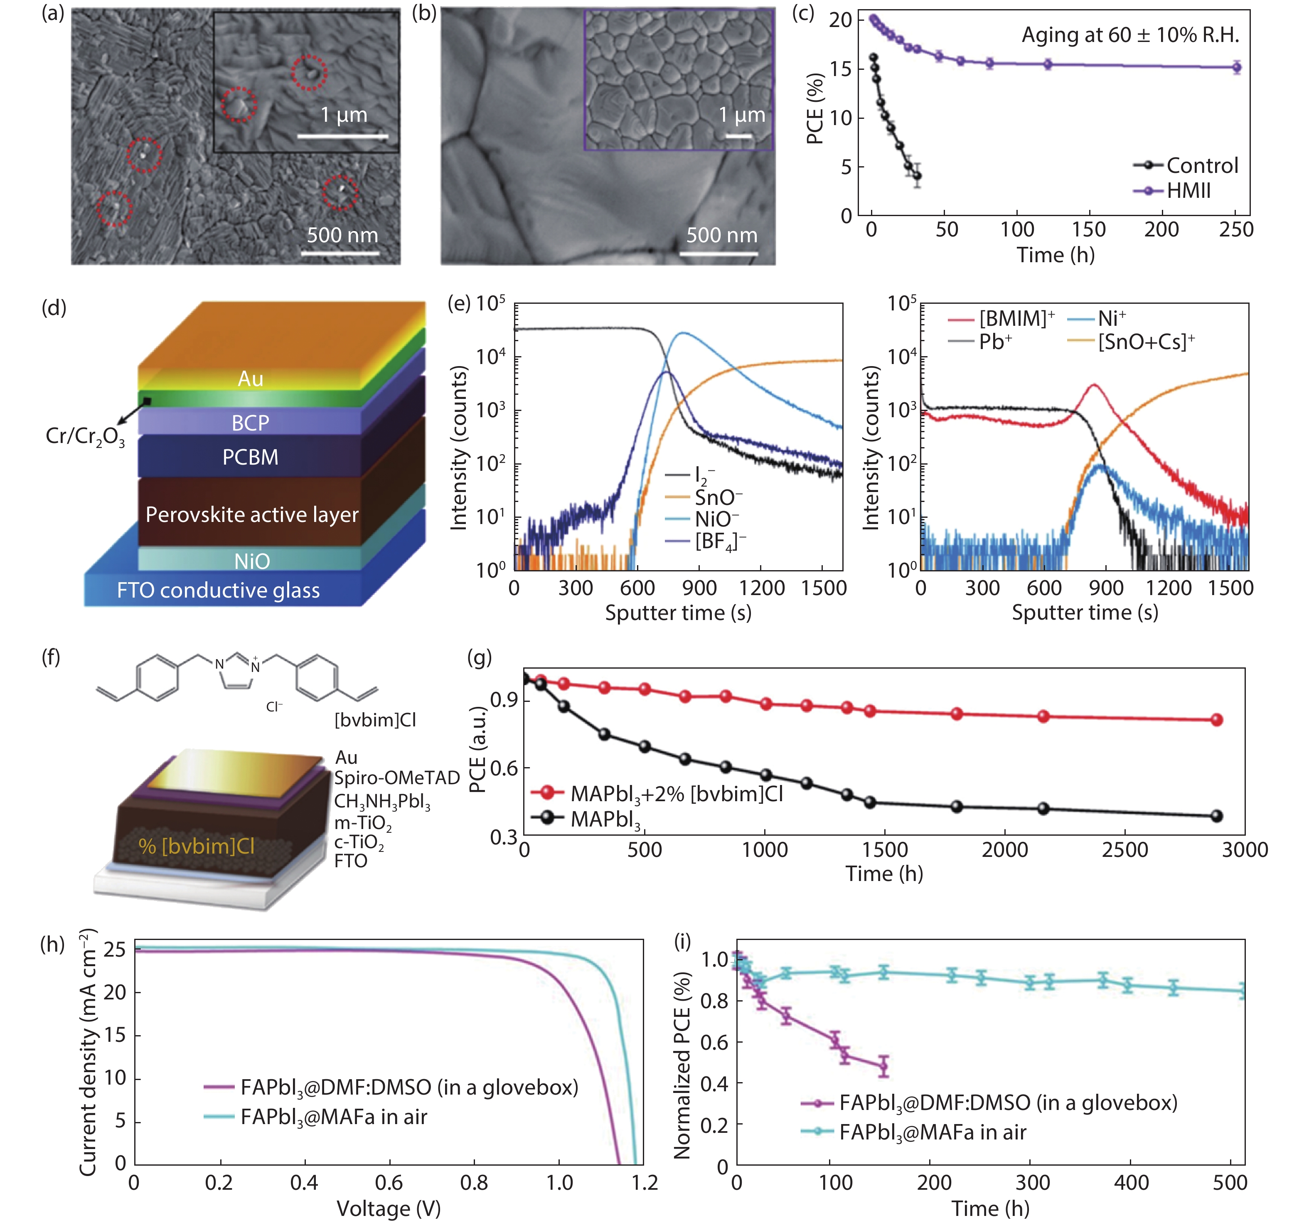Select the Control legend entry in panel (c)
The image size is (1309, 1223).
click(x=1202, y=165)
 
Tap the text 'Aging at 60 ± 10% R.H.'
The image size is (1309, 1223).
click(x=1130, y=35)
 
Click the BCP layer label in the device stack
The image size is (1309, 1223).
click(x=250, y=423)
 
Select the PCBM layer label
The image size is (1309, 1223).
click(x=250, y=457)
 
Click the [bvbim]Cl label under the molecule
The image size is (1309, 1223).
click(x=375, y=720)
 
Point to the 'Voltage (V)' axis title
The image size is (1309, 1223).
click(x=389, y=1208)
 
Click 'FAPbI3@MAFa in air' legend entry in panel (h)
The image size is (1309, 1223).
click(x=333, y=1117)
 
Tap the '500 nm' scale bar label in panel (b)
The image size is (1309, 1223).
click(x=722, y=235)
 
